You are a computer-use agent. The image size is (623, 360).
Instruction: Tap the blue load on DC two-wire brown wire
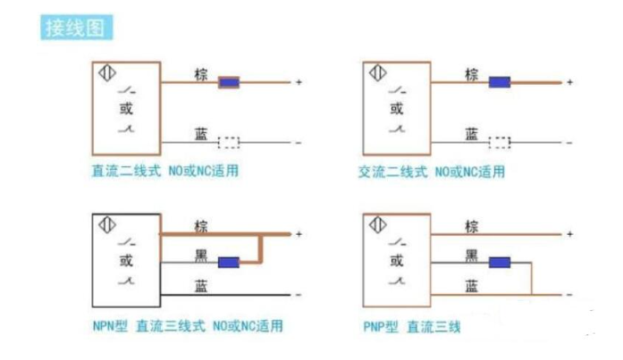[x=230, y=83]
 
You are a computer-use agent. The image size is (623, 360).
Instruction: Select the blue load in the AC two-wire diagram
[x=499, y=83]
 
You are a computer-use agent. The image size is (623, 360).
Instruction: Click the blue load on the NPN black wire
[x=230, y=263]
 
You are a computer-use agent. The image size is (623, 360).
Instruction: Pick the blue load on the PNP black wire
[x=499, y=263]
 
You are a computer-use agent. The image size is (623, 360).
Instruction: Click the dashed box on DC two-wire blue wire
[x=229, y=141]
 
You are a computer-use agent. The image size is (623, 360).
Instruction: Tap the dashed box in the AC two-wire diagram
[x=499, y=141]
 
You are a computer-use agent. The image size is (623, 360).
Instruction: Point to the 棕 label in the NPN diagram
[x=201, y=226]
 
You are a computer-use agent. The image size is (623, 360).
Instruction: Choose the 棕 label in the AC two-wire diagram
[x=471, y=76]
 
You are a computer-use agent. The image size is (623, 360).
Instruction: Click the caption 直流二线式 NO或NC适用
[x=165, y=170]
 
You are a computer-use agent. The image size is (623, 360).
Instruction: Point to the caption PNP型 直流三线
[x=411, y=327]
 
